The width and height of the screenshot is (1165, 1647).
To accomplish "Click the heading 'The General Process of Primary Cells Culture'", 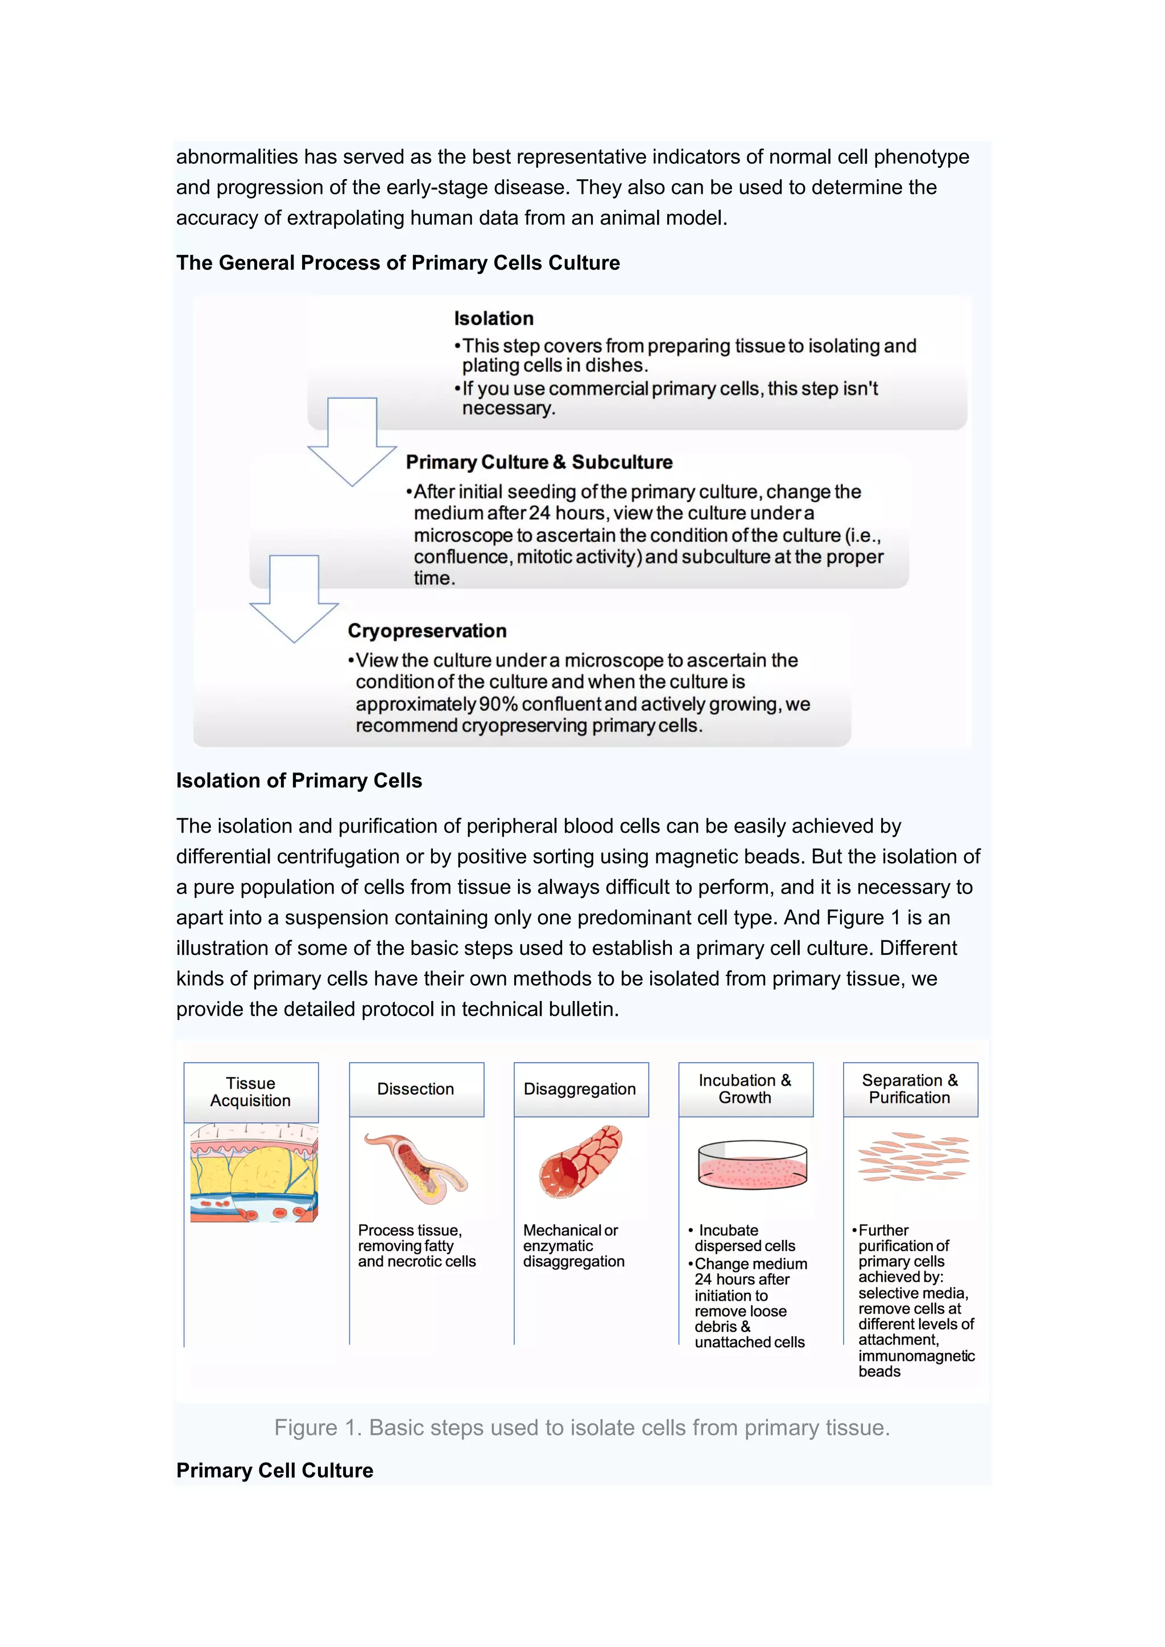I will [x=398, y=263].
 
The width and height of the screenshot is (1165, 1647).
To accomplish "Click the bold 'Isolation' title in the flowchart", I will [x=494, y=318].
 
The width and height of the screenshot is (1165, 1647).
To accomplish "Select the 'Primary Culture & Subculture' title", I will [x=539, y=462].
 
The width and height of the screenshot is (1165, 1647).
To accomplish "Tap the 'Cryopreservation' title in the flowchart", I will [x=427, y=631].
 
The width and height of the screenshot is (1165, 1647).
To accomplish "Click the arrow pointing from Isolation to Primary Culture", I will [x=352, y=442].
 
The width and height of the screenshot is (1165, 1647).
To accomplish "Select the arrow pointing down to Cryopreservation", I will [x=294, y=599].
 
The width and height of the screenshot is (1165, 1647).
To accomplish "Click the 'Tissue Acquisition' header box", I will [x=251, y=1092].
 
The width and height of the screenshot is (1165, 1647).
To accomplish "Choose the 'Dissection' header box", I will [x=416, y=1089].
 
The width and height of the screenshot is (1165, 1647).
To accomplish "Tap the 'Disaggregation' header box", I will [x=580, y=1089].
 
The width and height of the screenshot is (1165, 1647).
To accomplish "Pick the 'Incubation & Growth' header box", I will [x=745, y=1089].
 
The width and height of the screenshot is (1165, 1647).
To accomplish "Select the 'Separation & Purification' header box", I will [x=910, y=1089].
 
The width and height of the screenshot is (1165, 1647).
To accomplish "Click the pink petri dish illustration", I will [x=752, y=1165].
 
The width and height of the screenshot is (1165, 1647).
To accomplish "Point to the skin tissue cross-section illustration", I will [x=254, y=1172].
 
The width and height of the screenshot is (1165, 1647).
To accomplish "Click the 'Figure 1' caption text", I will [x=582, y=1427].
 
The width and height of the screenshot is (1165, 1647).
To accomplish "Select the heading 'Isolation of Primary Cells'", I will [x=299, y=780].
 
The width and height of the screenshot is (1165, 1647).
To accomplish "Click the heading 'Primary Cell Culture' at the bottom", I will [x=275, y=1471].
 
